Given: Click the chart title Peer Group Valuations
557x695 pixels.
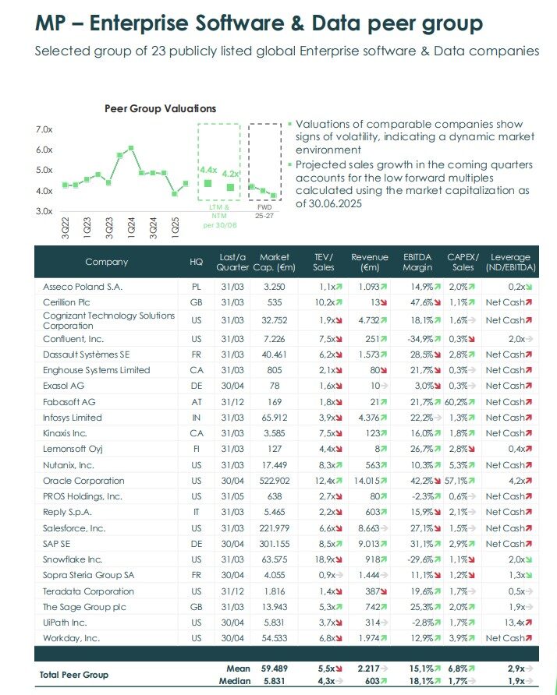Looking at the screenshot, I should click(160, 108).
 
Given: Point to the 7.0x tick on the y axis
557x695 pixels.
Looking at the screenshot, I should click(44, 129).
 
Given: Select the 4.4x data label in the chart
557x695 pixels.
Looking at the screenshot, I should click(208, 169).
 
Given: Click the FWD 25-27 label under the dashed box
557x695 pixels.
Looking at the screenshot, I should click(264, 211).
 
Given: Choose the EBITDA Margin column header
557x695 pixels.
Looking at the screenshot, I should click(417, 262).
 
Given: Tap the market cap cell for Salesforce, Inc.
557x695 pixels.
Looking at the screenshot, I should click(273, 527).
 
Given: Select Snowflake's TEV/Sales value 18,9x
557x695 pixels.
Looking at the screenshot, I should click(323, 559).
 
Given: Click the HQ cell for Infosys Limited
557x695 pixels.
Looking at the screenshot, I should click(196, 418).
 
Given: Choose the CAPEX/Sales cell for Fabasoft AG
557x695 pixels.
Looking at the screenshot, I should click(457, 402).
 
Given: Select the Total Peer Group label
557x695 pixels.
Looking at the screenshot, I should click(74, 674).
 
